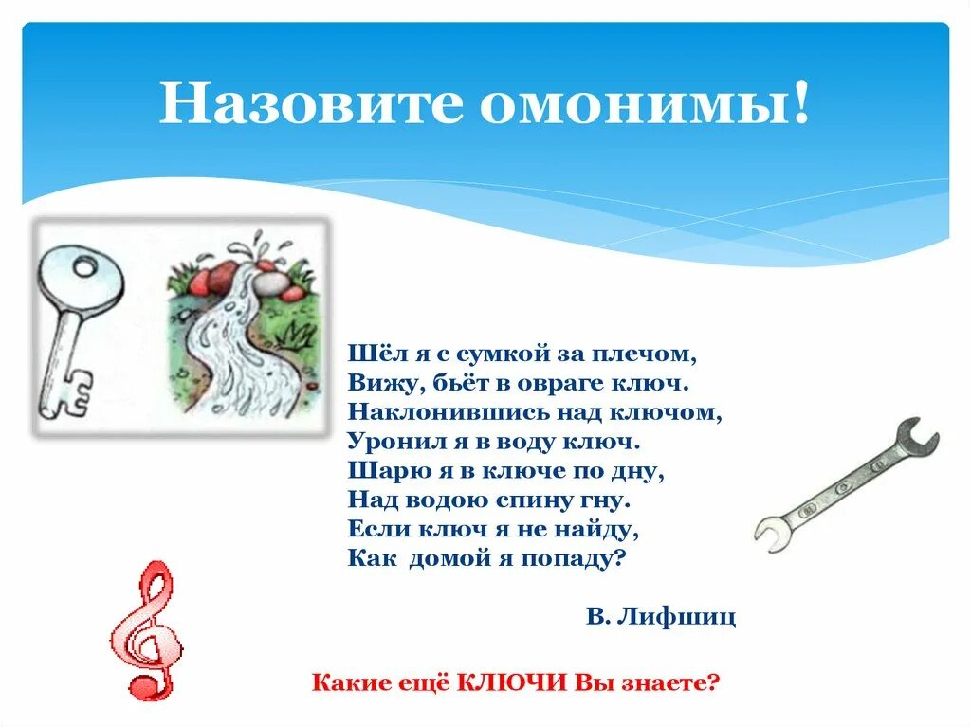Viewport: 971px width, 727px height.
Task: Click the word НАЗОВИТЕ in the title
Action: pos(312,104)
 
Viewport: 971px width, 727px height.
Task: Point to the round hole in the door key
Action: pos(84,269)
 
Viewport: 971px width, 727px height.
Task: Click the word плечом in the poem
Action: pos(651,354)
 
